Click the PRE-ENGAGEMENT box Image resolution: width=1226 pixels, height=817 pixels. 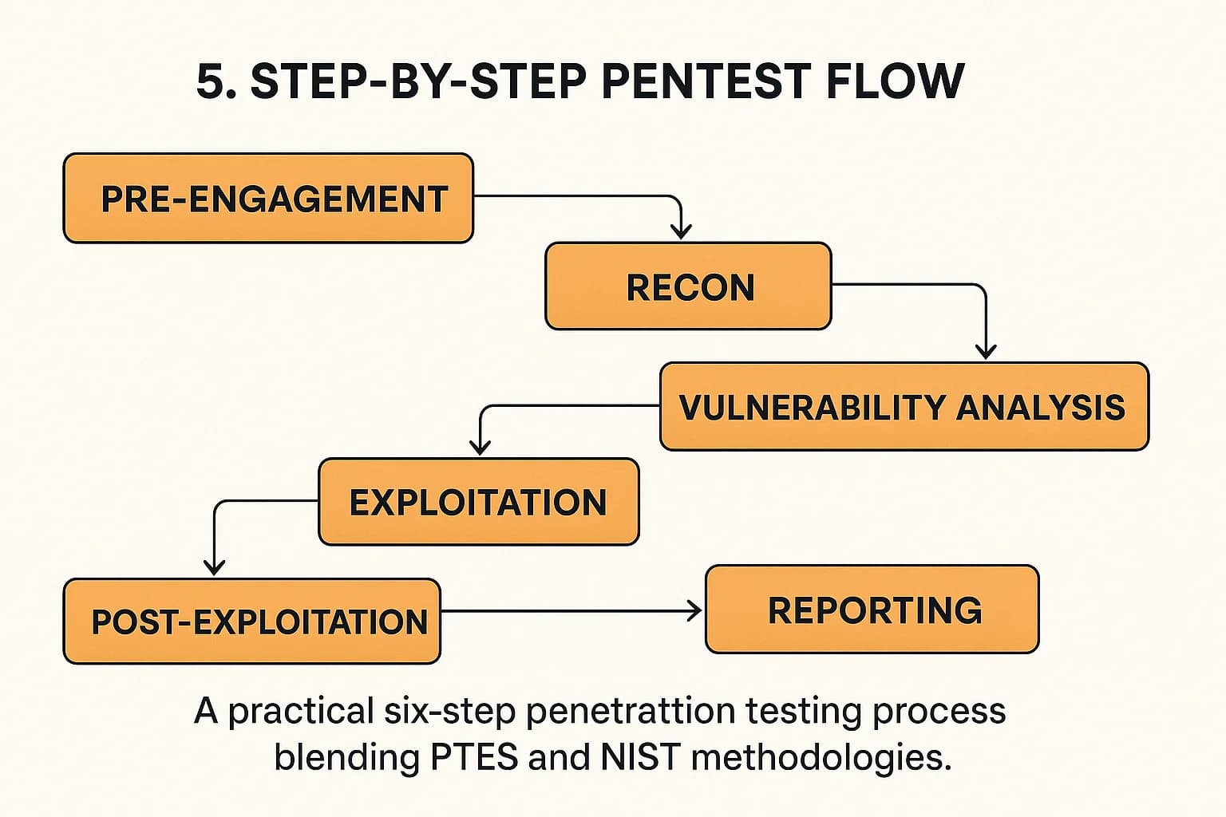click(268, 199)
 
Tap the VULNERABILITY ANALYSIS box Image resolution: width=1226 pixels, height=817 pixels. click(904, 407)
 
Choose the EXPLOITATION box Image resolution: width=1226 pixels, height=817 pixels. click(478, 502)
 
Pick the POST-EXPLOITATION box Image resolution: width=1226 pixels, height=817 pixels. click(251, 622)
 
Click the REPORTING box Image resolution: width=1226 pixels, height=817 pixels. click(872, 610)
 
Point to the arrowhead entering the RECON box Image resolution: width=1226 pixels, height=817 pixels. click(680, 231)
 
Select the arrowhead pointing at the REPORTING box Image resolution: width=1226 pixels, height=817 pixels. click(694, 611)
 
